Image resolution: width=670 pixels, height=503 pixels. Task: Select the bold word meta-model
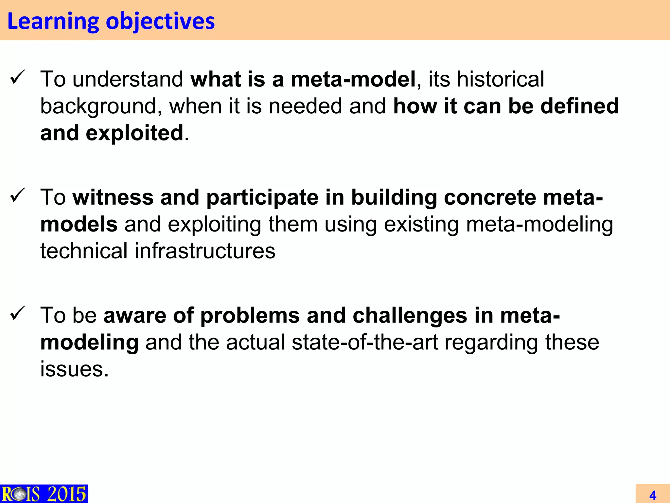(353, 79)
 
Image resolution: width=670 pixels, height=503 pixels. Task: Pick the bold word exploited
(134, 133)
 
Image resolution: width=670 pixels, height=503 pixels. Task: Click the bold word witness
(113, 197)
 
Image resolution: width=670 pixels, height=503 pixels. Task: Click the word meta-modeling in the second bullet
(539, 225)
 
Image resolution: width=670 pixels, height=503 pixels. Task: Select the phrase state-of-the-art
(364, 342)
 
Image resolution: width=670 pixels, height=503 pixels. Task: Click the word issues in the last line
(74, 369)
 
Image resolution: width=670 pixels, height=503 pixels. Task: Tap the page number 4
(653, 495)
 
